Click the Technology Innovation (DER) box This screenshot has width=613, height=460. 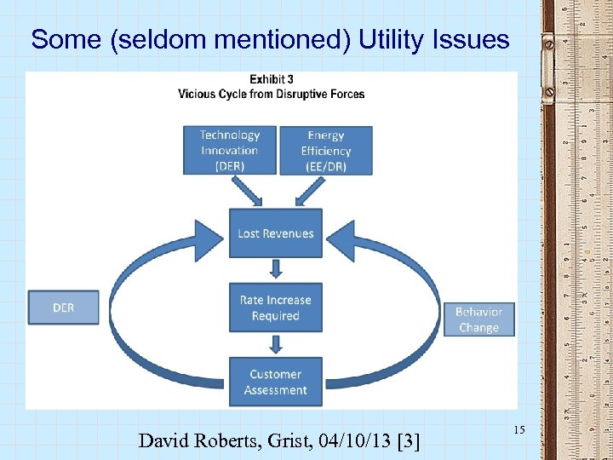230,150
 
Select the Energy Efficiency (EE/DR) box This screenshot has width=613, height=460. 325,151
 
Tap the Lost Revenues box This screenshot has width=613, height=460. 275,233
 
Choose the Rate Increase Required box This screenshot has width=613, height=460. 275,308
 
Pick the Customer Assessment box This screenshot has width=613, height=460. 275,382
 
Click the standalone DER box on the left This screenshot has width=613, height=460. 63,308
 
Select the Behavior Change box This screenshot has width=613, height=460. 478,319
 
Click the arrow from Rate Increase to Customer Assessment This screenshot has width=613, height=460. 275,344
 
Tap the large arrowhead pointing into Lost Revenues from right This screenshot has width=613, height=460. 346,236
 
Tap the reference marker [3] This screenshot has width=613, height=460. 405,440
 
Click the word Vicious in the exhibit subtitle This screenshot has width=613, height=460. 198,94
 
